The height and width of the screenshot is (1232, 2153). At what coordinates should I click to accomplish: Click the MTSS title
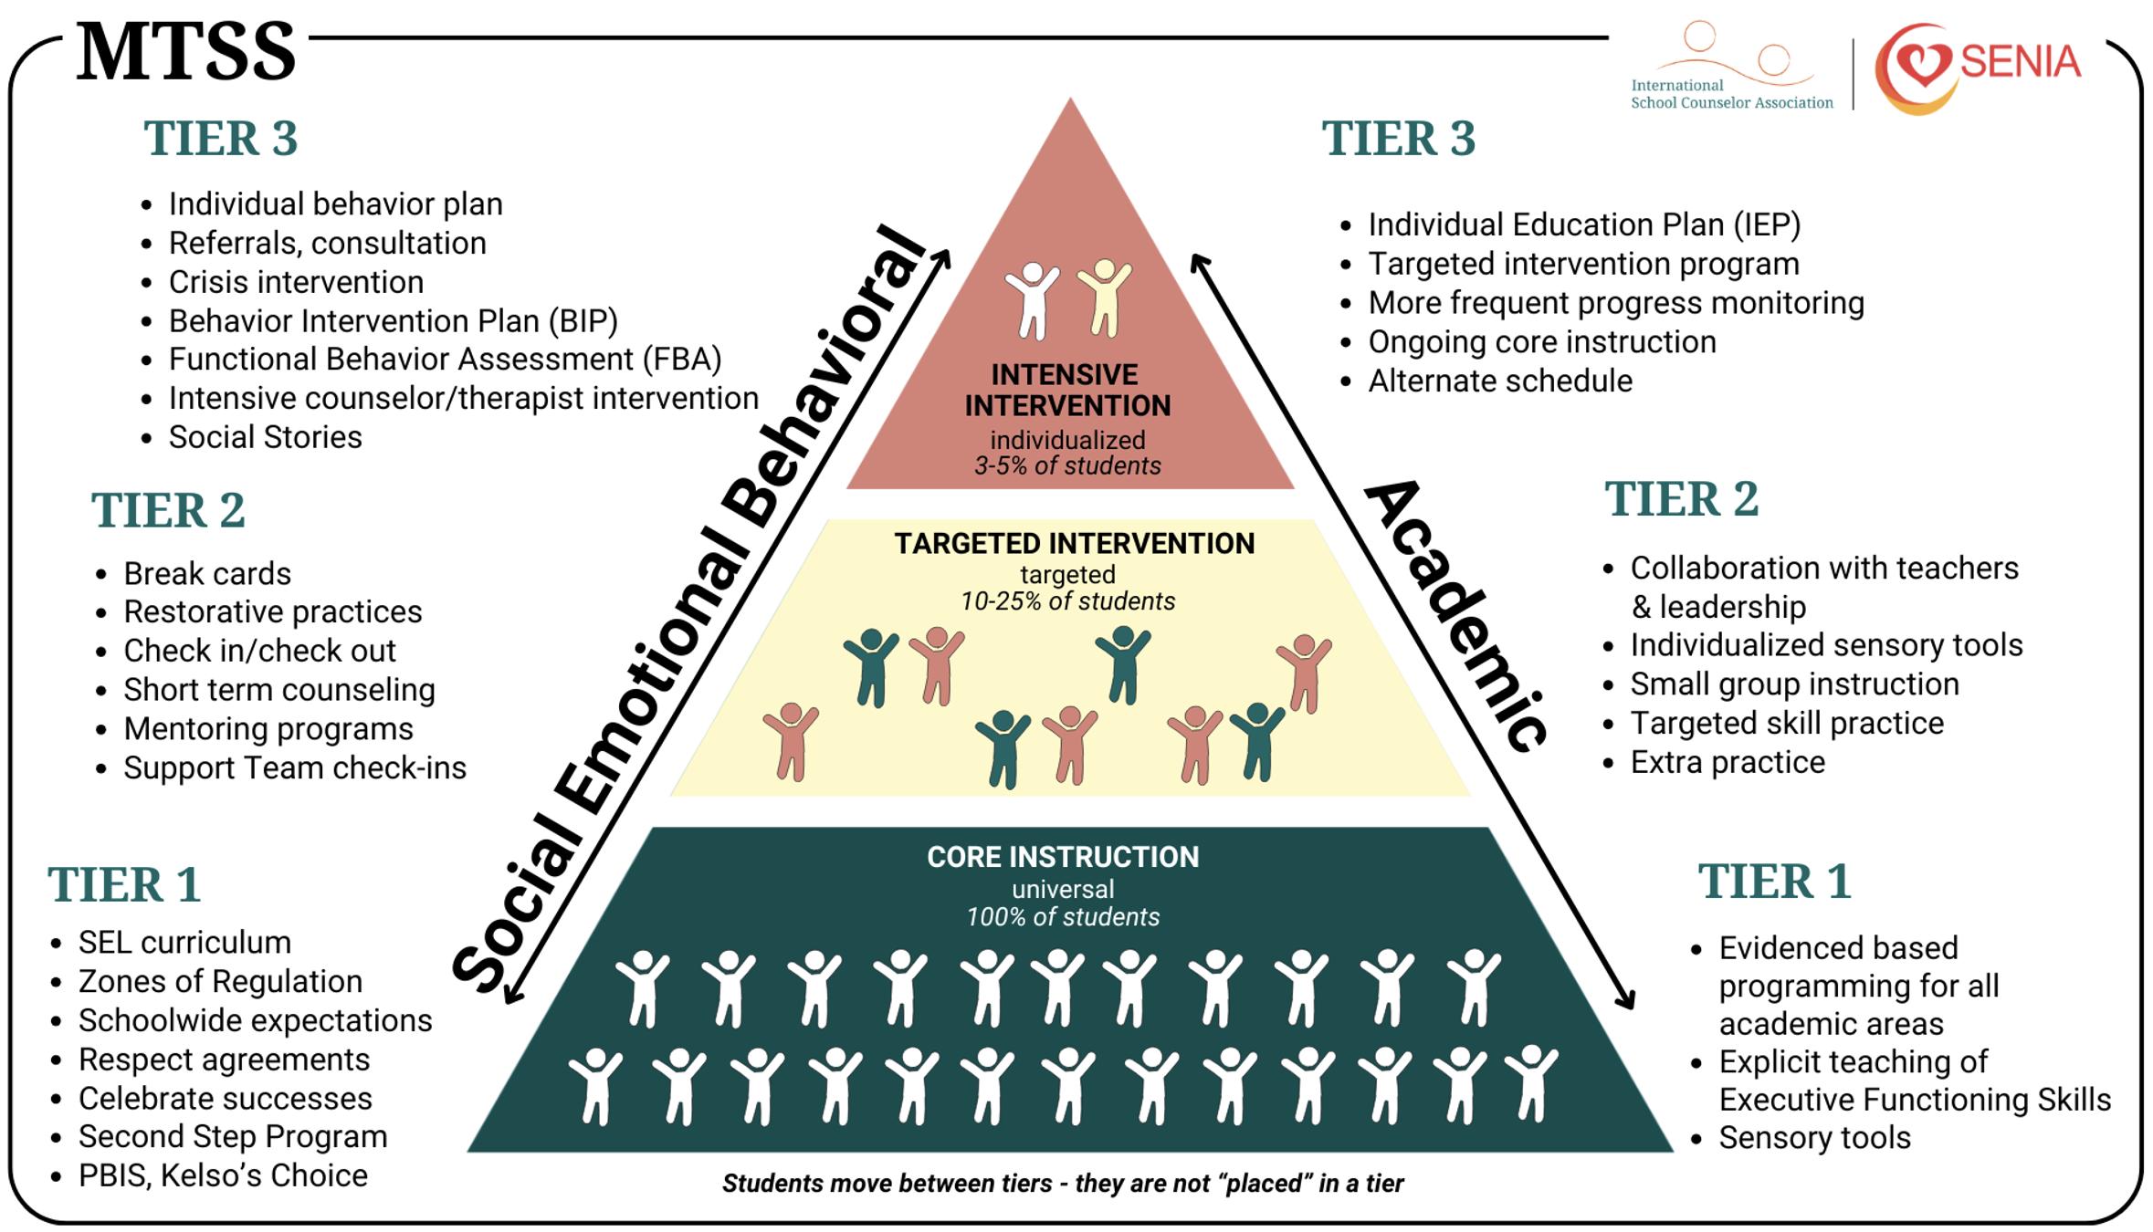186,52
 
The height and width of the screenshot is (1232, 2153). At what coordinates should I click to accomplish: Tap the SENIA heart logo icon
1917,69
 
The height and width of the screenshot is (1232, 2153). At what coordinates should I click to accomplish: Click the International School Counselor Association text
1731,94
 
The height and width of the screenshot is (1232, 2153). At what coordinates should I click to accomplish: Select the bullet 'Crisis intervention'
296,282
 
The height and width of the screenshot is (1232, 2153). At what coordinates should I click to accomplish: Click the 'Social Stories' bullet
265,437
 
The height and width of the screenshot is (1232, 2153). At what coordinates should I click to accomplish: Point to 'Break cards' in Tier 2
207,573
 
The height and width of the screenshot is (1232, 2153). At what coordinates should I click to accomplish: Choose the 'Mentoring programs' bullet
268,729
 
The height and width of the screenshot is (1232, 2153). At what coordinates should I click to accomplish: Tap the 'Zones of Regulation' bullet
220,981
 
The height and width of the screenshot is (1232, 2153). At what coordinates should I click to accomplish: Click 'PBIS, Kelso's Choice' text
223,1175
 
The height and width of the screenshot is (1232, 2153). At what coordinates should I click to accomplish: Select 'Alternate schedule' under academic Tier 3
1500,381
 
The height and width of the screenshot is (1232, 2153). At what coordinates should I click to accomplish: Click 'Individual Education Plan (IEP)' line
1584,224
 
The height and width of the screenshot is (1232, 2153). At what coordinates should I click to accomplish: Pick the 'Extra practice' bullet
1728,762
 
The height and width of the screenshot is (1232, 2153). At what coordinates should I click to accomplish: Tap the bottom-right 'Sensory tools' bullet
1814,1137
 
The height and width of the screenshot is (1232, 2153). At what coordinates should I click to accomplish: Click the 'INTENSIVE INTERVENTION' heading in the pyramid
1067,390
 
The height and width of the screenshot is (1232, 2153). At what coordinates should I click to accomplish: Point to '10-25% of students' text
1067,601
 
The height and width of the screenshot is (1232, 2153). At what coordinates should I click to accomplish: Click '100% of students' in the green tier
1063,917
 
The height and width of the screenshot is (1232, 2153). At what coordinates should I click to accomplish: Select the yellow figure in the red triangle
1104,297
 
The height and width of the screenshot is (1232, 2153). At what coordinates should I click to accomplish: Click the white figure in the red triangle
1033,300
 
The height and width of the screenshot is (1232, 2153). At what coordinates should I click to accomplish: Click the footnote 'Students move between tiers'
887,1184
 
